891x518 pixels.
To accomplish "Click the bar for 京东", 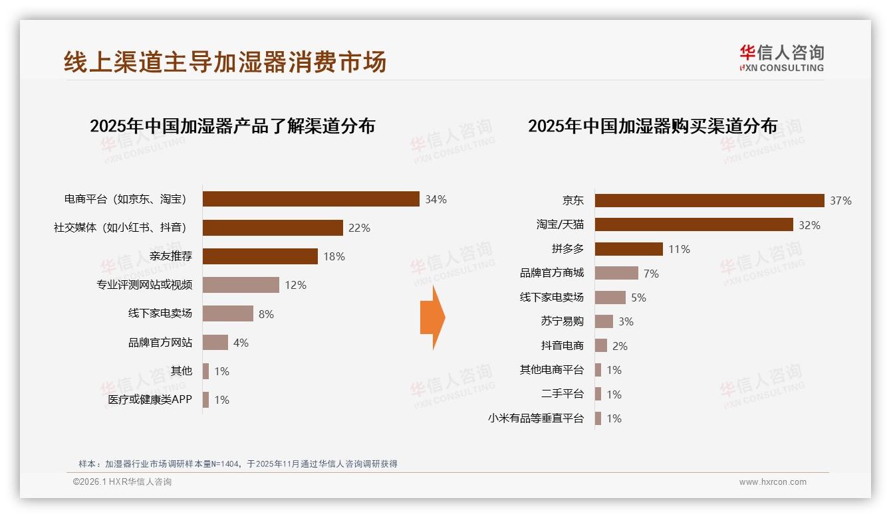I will [709, 201].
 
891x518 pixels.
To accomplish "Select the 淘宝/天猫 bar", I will [694, 224].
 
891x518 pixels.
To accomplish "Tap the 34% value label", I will [436, 199].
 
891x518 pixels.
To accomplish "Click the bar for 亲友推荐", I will [260, 256].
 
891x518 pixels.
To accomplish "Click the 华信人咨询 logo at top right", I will [781, 58].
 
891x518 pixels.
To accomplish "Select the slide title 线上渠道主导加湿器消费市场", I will [225, 62].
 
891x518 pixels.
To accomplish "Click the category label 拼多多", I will [567, 249].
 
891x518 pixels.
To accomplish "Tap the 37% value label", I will [840, 201].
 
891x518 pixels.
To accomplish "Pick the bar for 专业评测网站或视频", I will [241, 285].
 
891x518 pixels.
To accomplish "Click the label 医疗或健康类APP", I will [150, 400].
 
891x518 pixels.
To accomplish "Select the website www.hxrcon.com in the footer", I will [773, 482].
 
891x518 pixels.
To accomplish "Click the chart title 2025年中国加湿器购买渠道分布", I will [652, 126].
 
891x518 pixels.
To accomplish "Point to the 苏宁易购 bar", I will [604, 321].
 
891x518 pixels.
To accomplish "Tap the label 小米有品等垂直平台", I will [535, 418].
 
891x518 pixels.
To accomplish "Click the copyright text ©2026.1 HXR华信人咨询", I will [122, 482].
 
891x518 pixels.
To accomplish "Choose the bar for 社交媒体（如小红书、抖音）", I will [273, 228].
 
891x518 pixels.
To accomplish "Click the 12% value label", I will [295, 285].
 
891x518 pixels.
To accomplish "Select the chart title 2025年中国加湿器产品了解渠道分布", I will [232, 126].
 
